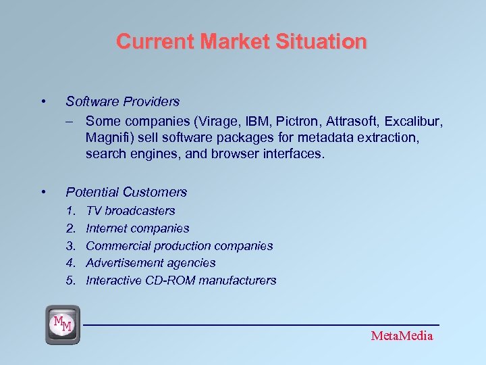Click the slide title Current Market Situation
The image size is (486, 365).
point(242,42)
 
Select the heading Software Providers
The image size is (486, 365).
point(122,101)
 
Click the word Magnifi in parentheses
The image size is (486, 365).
point(107,137)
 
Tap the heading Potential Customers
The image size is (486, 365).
point(126,192)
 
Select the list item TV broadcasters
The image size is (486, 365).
point(130,211)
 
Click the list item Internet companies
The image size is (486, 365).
point(138,228)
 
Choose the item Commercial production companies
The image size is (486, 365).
point(180,246)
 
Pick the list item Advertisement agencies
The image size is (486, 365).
point(151,263)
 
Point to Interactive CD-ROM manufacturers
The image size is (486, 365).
point(181,281)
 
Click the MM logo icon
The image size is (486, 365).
point(62,324)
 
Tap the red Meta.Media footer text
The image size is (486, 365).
point(402,336)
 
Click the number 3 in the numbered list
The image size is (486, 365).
point(70,246)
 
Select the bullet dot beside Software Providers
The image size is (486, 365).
point(43,102)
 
